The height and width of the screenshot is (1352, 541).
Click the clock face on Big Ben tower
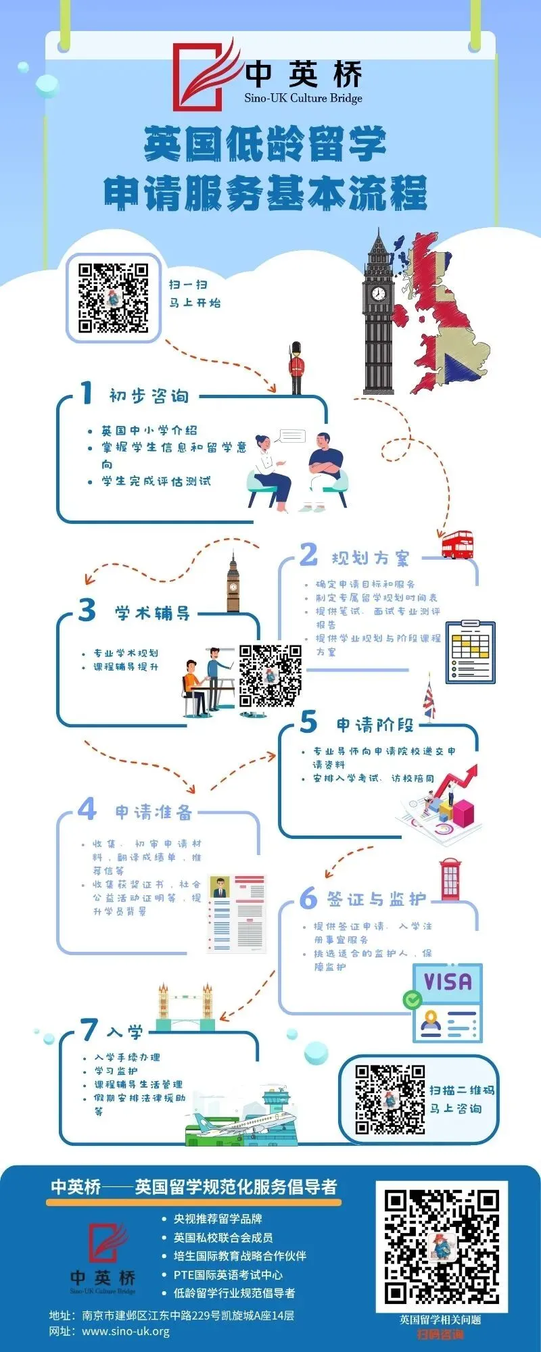click(x=378, y=293)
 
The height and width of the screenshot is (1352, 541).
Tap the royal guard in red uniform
click(x=296, y=368)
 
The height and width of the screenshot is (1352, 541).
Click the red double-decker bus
click(x=457, y=545)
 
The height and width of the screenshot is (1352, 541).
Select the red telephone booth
click(x=450, y=879)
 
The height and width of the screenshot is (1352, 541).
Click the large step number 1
click(x=86, y=393)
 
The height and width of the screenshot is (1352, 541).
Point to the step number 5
click(x=308, y=722)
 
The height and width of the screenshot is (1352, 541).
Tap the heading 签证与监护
click(x=377, y=899)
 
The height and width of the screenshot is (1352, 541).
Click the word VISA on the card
click(x=447, y=981)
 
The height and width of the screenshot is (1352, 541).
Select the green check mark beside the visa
click(x=412, y=999)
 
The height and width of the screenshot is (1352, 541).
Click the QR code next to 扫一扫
click(x=114, y=297)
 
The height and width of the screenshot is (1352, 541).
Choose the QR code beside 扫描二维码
click(x=390, y=1100)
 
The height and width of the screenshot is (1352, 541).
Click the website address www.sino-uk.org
click(x=125, y=1331)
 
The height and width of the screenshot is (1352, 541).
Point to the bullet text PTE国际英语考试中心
click(x=228, y=1274)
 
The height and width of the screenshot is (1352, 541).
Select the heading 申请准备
click(x=154, y=812)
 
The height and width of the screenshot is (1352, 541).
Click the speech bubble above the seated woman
click(x=291, y=435)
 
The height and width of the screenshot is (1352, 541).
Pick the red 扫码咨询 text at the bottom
click(x=440, y=1333)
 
